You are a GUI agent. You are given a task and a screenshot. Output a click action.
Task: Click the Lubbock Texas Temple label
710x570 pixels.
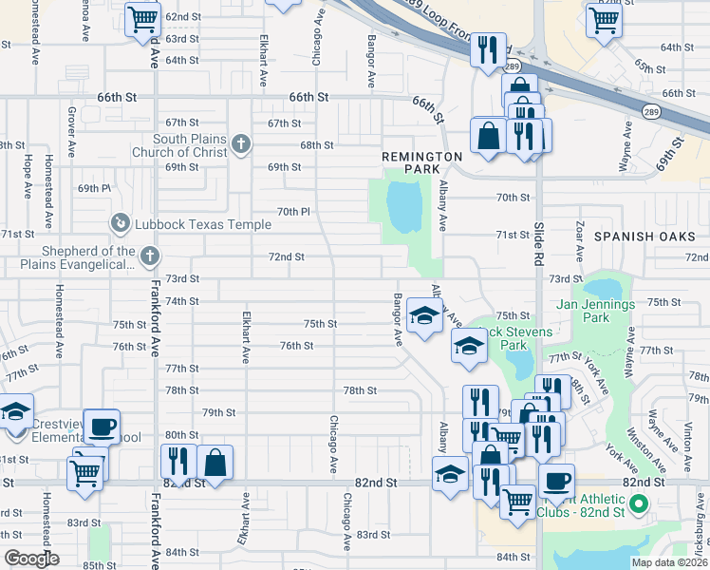coord(204,225)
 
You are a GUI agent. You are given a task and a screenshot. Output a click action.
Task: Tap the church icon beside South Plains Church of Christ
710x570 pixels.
coord(241,144)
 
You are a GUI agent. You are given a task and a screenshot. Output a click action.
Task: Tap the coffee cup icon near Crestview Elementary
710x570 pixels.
coord(102,426)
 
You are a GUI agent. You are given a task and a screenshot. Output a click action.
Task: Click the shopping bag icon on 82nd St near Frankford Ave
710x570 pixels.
coord(215,463)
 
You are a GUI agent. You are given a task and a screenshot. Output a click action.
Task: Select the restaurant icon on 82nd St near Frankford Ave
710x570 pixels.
coord(177,461)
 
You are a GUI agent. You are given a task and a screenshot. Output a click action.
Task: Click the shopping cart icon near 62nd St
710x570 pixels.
coord(142,18)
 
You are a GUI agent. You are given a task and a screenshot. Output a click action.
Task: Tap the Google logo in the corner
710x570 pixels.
coord(30,559)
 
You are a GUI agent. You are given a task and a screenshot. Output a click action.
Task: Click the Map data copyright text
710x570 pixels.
coord(670,562)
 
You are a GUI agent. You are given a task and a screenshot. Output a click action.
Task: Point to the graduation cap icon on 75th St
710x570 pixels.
coord(424,314)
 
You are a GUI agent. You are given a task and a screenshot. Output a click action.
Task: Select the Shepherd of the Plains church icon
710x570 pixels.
coord(149,256)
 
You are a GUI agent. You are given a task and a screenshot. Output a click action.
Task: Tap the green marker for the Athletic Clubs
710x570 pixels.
coord(639,504)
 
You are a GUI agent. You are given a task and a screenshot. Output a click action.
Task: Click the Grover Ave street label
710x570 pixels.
coord(71,132)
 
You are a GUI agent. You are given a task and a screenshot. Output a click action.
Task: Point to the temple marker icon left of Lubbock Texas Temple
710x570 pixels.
coord(120,223)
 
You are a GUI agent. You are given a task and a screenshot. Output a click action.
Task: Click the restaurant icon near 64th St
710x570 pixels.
coord(488,49)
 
